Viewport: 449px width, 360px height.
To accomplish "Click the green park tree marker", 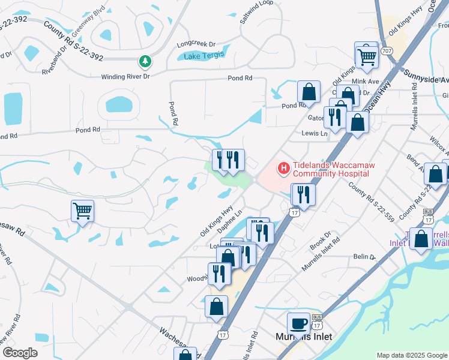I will [145, 61].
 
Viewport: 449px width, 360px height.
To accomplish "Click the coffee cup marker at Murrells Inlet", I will [298, 324].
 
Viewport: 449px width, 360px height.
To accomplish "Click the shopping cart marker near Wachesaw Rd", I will [82, 211].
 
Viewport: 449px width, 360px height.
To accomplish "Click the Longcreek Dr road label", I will [196, 44].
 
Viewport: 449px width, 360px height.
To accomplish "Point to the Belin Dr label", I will [364, 256].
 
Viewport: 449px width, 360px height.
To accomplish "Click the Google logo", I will [20, 353].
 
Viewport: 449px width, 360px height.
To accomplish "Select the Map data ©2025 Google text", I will [412, 355].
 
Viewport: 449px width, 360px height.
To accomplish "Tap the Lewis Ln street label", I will [315, 133].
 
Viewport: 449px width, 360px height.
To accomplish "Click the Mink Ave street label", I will [366, 81].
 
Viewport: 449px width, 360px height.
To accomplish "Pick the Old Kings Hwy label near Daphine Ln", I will [216, 220].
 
